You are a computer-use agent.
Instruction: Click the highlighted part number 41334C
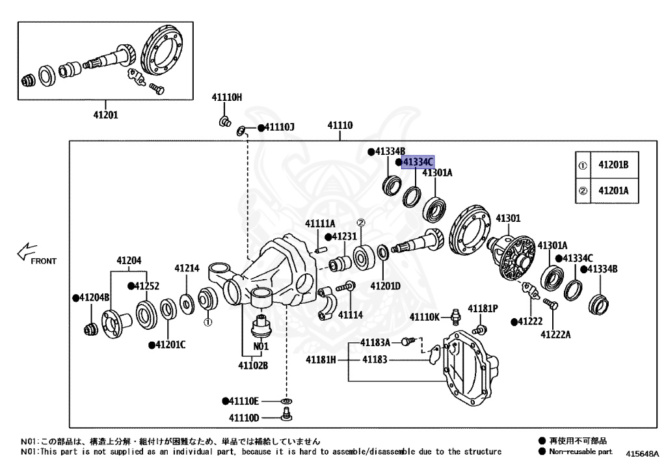click(418, 161)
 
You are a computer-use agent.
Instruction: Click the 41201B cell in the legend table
click(613, 165)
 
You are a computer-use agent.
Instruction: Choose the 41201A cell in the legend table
click(613, 191)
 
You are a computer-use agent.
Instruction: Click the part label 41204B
click(90, 297)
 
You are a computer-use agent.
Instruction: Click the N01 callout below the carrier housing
click(261, 346)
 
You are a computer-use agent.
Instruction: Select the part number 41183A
click(375, 342)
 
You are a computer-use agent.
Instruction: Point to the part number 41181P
click(484, 308)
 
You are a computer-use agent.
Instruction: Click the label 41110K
click(425, 317)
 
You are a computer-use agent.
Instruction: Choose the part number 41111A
click(320, 224)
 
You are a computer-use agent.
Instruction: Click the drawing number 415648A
click(643, 453)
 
